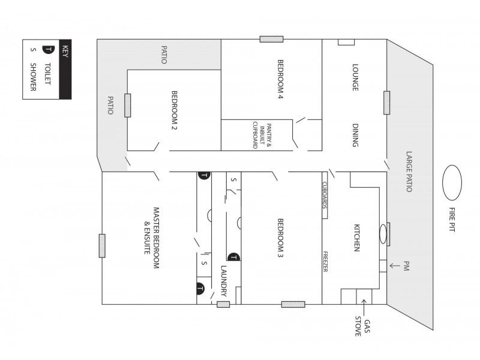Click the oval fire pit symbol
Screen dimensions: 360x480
[x=452, y=183]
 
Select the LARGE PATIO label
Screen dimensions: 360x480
[x=409, y=171]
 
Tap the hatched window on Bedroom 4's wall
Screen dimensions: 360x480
[x=271, y=39]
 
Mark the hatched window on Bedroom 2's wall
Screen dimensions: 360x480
[x=128, y=105]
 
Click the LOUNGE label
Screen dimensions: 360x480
[x=355, y=77]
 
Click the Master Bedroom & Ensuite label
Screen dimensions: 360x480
[x=151, y=232]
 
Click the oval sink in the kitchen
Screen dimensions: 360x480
[x=382, y=233]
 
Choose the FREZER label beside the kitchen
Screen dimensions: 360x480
[x=325, y=261]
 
